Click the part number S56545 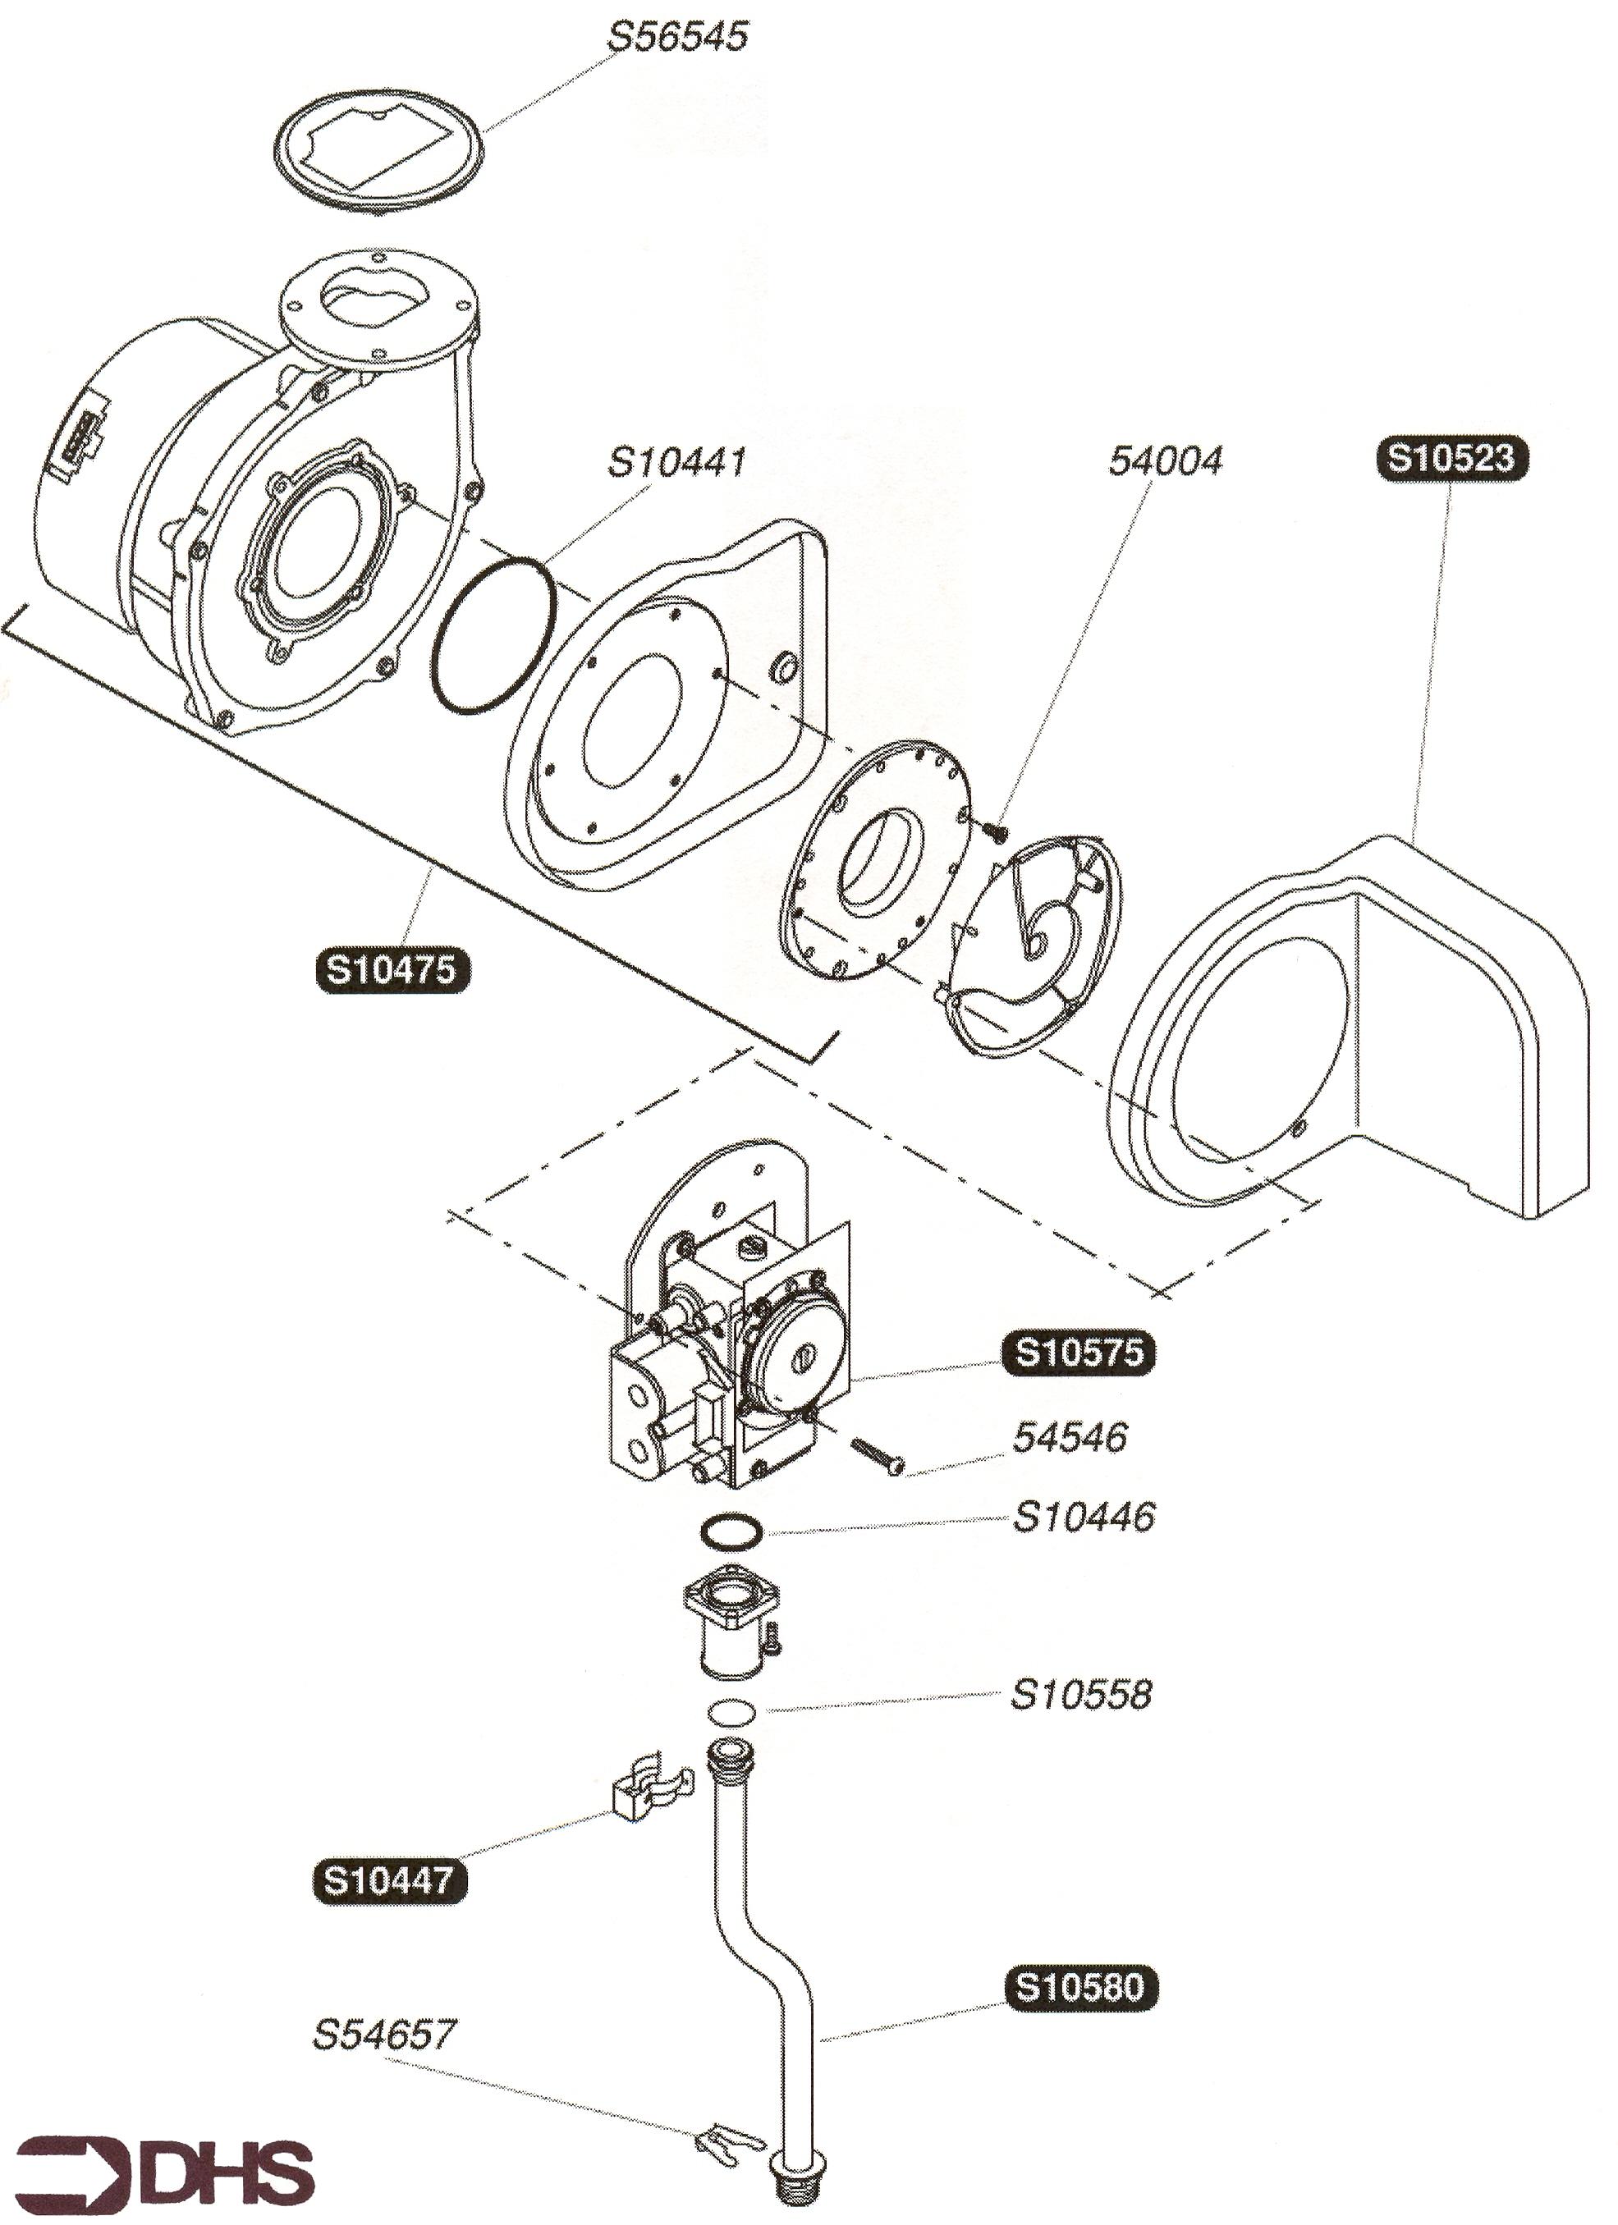coord(678,36)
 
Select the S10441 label coord(678,461)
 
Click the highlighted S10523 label coord(1452,459)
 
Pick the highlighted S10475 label coord(392,969)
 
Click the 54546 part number coord(1070,1437)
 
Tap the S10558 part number coord(1080,1694)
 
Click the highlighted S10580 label coord(1080,1987)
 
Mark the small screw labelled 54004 coord(995,830)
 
